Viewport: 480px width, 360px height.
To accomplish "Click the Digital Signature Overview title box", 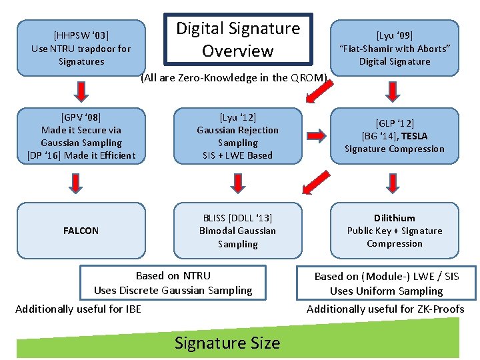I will coord(238,39).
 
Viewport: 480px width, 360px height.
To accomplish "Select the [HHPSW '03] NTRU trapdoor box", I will coord(81,48).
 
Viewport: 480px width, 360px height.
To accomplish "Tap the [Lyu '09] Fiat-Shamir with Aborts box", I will coord(395,48).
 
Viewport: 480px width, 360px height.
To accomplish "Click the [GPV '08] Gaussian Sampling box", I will coord(81,136).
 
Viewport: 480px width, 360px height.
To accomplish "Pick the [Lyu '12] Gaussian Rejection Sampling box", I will coord(238,136).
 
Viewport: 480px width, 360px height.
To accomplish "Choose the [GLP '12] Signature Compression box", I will coord(395,136).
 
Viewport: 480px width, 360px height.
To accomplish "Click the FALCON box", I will coord(81,231).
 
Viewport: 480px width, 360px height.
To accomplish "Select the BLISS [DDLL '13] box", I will coord(238,231).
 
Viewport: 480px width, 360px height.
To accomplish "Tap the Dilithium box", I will coord(395,231).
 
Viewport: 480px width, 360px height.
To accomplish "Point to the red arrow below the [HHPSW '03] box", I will coord(81,89).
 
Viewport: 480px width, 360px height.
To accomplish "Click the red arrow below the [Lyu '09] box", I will coord(395,89).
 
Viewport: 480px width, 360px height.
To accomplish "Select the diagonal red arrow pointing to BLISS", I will coord(315,181).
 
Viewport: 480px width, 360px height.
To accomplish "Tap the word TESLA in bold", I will coord(415,136).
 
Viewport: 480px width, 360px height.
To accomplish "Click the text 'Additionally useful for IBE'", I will coord(78,309).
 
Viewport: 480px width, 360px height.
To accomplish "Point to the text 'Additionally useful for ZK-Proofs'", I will coord(385,309).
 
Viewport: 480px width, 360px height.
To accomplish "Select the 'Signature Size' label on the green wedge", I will coord(227,343).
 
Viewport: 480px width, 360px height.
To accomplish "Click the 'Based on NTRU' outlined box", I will coord(173,283).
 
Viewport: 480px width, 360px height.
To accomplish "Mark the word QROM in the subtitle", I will coord(308,78).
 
